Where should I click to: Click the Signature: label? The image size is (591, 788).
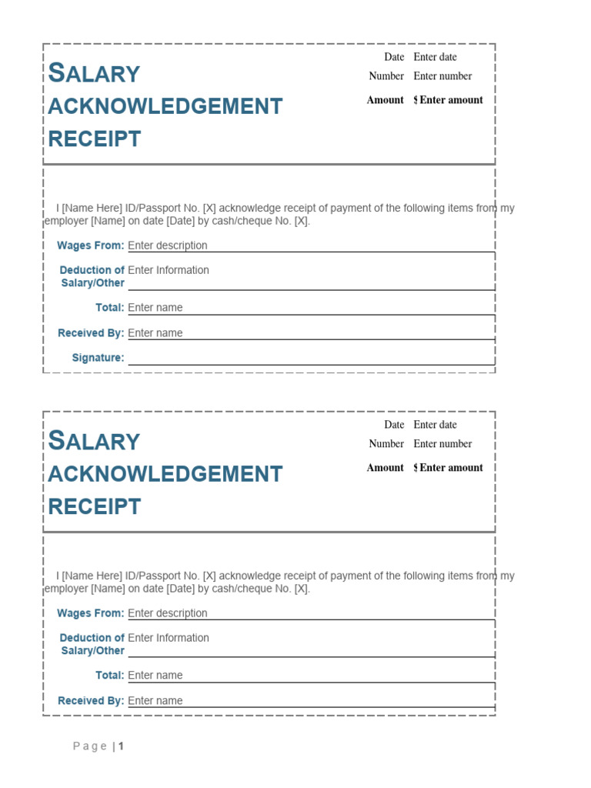click(x=98, y=358)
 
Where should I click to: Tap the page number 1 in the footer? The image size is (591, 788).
click(x=121, y=746)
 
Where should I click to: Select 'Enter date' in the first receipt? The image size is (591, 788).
click(x=435, y=57)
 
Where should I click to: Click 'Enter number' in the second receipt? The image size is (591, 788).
click(x=442, y=444)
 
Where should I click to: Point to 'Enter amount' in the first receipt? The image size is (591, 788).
click(x=451, y=100)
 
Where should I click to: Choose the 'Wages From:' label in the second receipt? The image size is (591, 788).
click(x=90, y=613)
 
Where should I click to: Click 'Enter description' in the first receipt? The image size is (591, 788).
click(x=167, y=245)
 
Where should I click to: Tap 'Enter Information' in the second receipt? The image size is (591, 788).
click(x=168, y=638)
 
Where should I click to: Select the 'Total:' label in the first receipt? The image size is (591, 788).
click(x=109, y=308)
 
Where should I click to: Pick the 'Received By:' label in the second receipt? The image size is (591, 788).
click(x=91, y=701)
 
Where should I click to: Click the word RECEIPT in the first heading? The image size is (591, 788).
click(x=95, y=139)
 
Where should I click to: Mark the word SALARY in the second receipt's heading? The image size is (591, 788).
click(x=94, y=441)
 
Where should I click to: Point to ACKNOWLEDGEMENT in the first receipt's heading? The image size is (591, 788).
click(x=165, y=106)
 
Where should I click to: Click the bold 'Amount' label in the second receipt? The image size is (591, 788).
click(x=385, y=468)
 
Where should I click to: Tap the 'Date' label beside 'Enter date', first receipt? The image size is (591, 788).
click(x=394, y=57)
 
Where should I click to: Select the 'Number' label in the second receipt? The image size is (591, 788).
click(x=386, y=444)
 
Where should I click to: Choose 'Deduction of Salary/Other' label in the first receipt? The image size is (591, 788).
click(x=92, y=276)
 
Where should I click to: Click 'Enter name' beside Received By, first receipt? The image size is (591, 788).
click(x=155, y=333)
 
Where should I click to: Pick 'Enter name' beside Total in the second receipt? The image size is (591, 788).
click(x=155, y=676)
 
